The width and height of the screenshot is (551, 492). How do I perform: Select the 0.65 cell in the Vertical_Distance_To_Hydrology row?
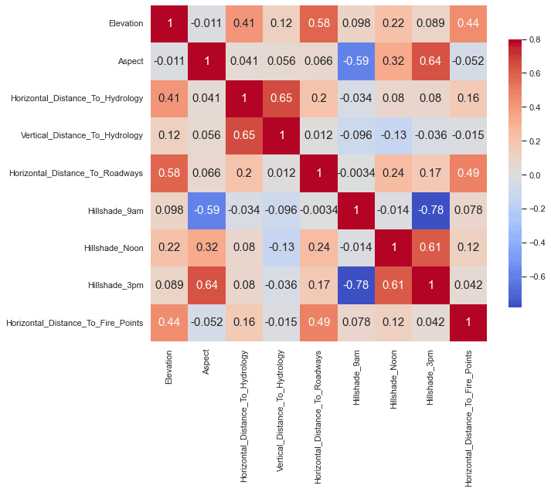pyautogui.click(x=243, y=135)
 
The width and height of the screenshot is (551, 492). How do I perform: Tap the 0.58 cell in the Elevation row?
pyautogui.click(x=318, y=24)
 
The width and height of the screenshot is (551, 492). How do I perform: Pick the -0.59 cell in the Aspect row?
pyautogui.click(x=355, y=61)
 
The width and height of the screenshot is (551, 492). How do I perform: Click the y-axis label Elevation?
pyautogui.click(x=125, y=24)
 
